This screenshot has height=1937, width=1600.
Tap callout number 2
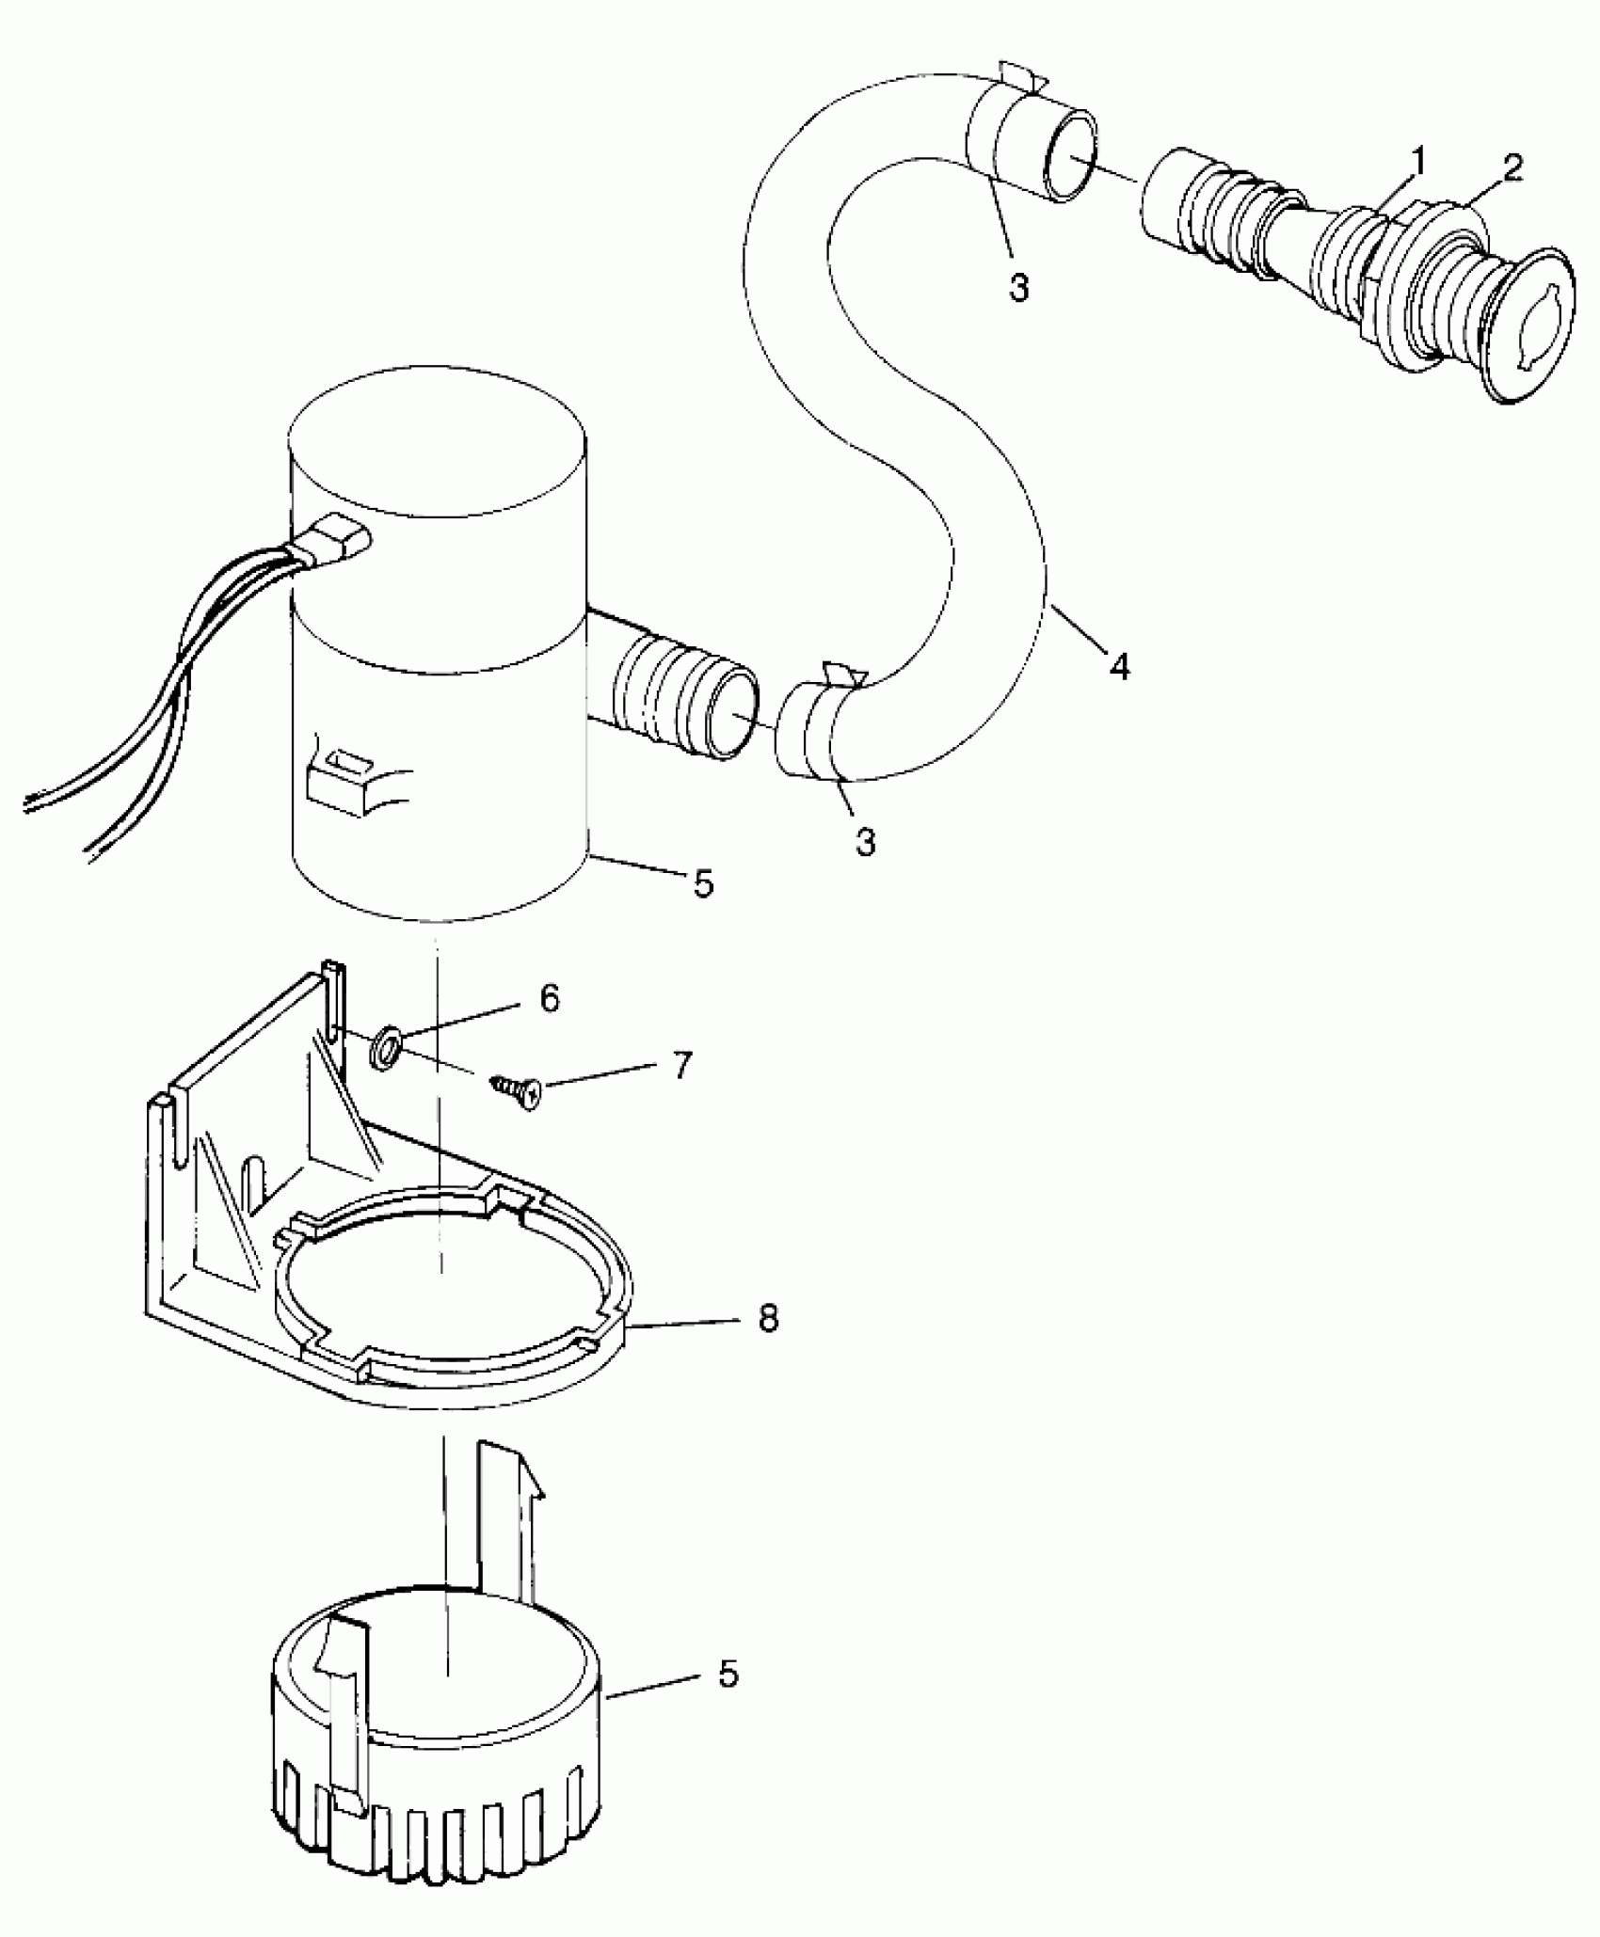coord(1513,168)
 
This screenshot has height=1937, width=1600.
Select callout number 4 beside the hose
coord(1119,666)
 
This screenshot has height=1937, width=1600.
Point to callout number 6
coord(552,997)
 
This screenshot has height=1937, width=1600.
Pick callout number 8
coord(768,1319)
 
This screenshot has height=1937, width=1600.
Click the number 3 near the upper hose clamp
coord(1019,288)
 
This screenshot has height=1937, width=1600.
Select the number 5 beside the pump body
coord(703,883)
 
